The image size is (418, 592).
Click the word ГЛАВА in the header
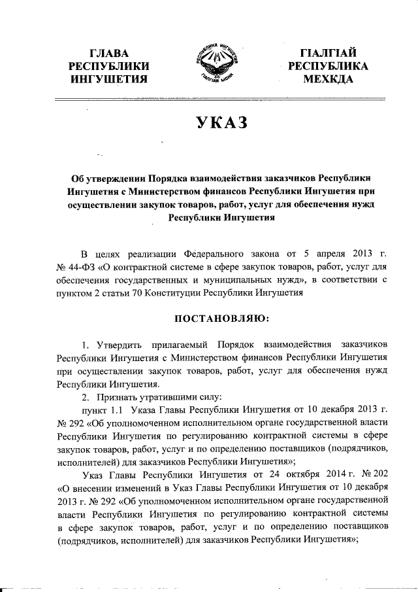pyautogui.click(x=108, y=52)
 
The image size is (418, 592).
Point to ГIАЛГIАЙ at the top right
pyautogui.click(x=327, y=52)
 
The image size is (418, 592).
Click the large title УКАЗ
pyautogui.click(x=216, y=123)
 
